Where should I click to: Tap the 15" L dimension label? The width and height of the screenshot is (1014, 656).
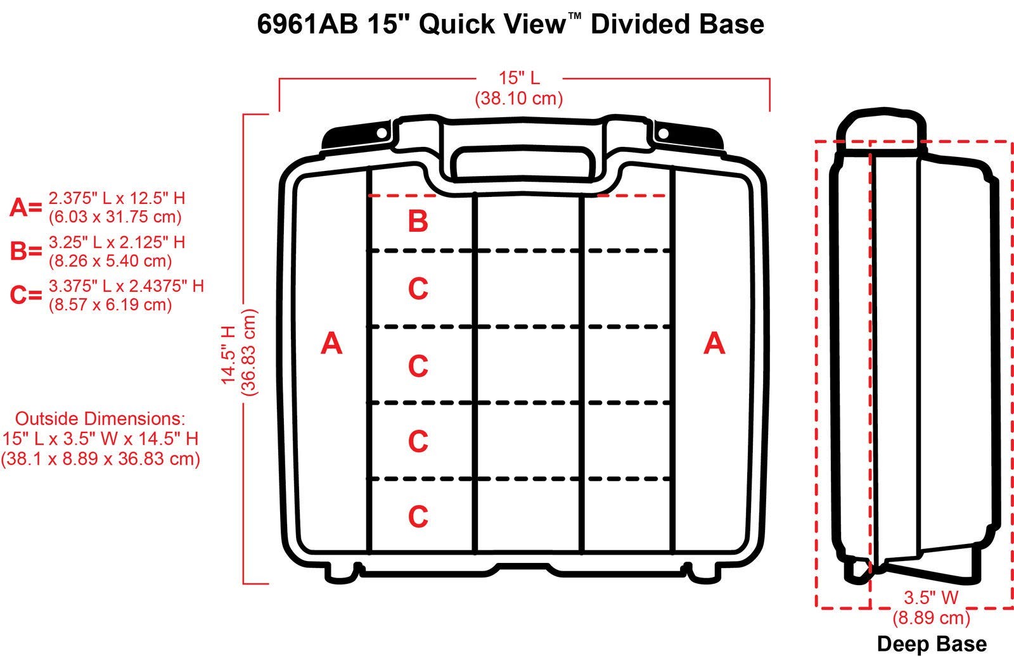coord(518,79)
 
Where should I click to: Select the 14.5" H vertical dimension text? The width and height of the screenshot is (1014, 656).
coord(228,355)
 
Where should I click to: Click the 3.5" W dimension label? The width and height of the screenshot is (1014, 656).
coord(930,597)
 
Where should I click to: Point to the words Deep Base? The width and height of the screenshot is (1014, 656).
coord(932,644)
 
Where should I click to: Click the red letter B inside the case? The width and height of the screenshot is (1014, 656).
coord(418,222)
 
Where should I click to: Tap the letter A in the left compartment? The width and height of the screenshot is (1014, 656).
coord(331,343)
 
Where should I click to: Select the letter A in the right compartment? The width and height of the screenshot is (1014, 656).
coord(714,343)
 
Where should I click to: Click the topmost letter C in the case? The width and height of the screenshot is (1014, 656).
coord(418,289)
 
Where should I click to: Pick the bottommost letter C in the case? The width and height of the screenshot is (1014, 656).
coord(418,517)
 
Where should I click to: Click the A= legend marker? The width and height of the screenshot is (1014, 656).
coord(25,208)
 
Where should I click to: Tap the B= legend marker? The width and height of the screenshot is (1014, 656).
coord(25,251)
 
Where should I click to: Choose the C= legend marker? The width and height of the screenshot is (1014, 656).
coord(25,295)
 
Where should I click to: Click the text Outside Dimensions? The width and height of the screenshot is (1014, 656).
coord(100,419)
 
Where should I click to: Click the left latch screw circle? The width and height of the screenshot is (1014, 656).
coord(382,133)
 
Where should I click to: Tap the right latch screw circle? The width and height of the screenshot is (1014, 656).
coord(663,134)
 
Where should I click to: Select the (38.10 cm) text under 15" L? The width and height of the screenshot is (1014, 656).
coord(518,98)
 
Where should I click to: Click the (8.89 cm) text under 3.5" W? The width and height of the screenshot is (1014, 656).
coord(930,617)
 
